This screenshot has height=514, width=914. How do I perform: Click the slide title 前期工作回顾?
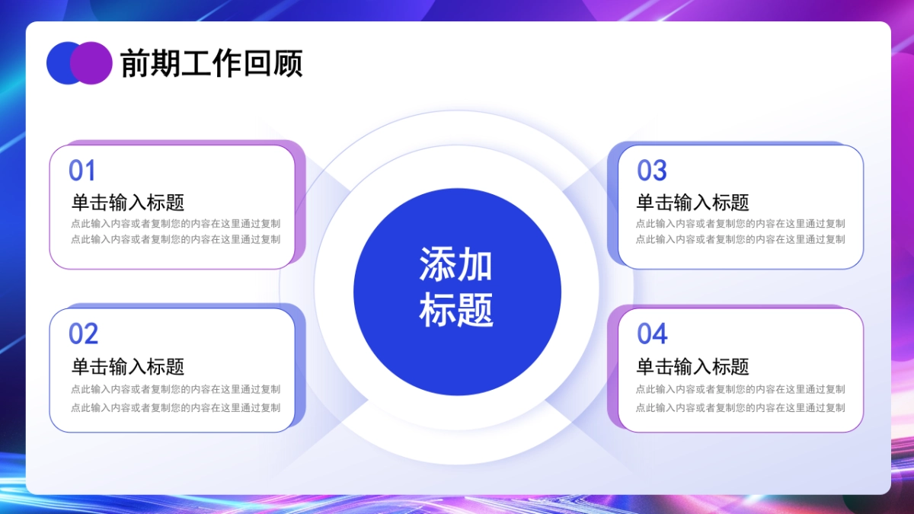point(212,63)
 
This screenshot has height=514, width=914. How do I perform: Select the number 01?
point(82,171)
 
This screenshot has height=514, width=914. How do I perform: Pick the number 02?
point(83,334)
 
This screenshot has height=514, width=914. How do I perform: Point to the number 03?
point(651,171)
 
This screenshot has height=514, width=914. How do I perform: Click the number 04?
point(652,334)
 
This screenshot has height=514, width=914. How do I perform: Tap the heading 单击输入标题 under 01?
point(128,203)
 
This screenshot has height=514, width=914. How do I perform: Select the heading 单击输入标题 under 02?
point(128,366)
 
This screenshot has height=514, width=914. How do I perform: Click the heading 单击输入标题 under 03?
point(692,203)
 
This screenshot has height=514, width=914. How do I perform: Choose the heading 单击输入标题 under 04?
point(692,366)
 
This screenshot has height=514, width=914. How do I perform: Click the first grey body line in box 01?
point(175,224)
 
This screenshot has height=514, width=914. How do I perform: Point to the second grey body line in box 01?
point(175,239)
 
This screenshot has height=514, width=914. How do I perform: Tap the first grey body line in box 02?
point(175,389)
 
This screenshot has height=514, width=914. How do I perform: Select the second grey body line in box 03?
point(740,239)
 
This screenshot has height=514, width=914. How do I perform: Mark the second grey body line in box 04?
point(740,407)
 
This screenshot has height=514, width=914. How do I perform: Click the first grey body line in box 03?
point(740,224)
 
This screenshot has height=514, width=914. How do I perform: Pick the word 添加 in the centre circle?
point(456,265)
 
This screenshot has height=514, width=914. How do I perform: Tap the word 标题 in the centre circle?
point(456,309)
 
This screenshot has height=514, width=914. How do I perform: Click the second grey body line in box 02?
point(175,407)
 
